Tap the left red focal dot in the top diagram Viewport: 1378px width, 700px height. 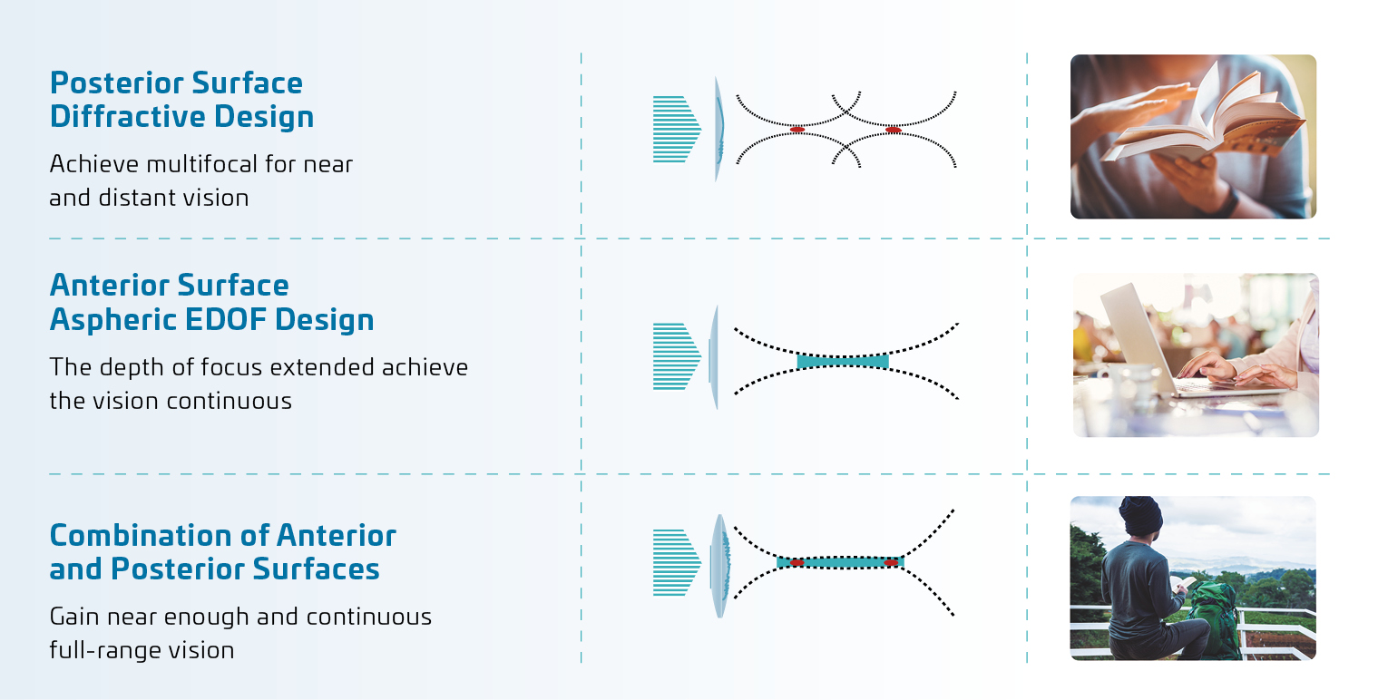[797, 129]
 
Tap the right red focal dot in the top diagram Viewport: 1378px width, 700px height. [894, 130]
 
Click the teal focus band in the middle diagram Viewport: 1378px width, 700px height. [843, 362]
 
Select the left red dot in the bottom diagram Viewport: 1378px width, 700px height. [797, 563]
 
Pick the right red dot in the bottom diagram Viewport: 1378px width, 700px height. [891, 563]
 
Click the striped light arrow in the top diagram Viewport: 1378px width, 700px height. [677, 129]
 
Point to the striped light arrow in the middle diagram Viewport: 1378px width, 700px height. [677, 356]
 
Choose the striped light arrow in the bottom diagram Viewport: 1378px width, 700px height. [677, 562]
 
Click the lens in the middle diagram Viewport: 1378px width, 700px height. [714, 356]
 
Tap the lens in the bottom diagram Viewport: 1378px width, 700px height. [719, 566]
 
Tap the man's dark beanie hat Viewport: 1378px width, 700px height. [1140, 515]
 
